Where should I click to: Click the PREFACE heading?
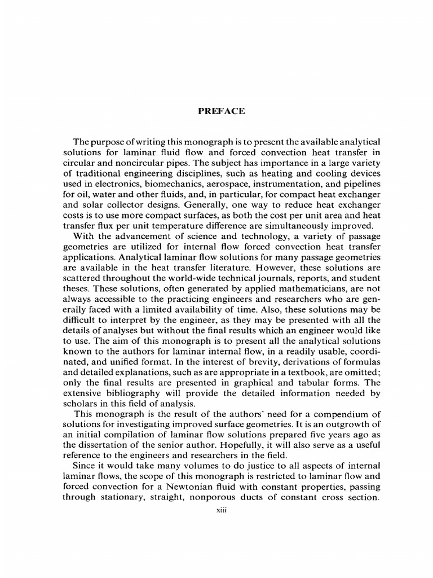221,111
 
